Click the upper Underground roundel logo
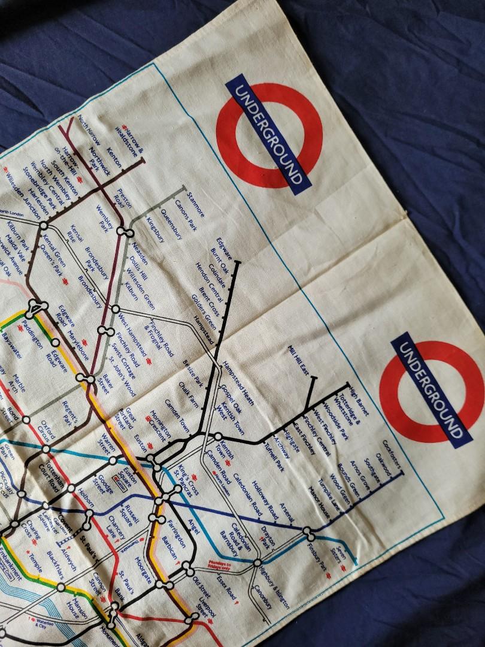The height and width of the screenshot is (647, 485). click(269, 135)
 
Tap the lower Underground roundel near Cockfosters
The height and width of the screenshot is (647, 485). click(431, 390)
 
